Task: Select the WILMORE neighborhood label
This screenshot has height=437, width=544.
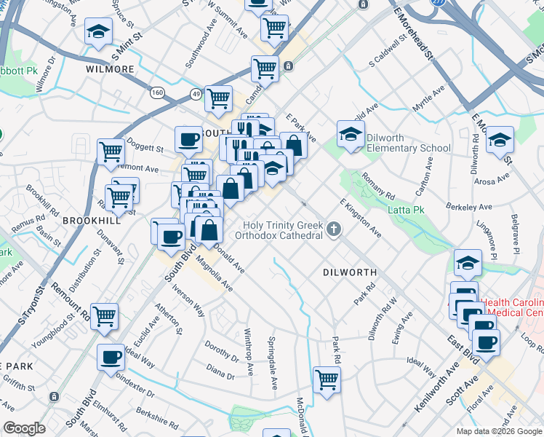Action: [110, 69]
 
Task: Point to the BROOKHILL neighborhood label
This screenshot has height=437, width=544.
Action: [90, 219]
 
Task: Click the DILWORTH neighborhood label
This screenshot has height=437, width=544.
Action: [350, 272]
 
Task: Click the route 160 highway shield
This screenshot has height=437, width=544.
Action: [158, 92]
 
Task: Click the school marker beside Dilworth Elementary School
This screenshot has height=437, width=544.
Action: [351, 134]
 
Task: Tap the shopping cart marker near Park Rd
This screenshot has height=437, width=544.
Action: [327, 379]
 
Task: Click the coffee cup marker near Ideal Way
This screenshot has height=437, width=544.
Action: [111, 357]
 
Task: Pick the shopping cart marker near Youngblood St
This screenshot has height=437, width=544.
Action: [105, 315]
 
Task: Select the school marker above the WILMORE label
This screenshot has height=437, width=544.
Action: [98, 31]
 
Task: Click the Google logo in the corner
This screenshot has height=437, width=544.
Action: [24, 428]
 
